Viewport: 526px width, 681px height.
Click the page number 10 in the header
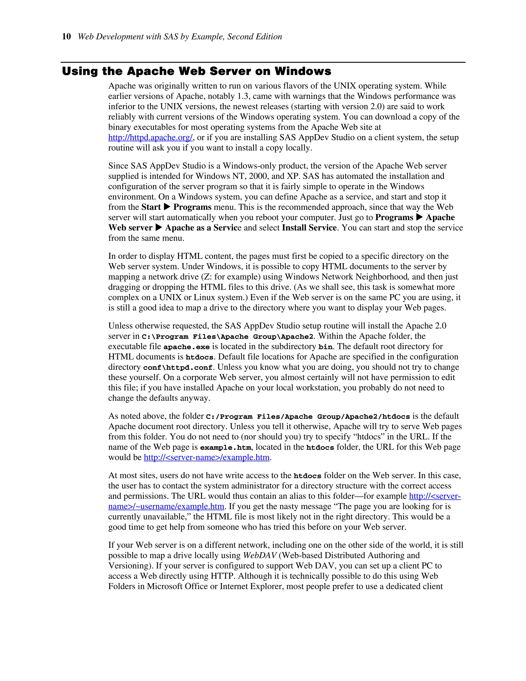pyautogui.click(x=66, y=37)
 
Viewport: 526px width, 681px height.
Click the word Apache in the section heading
pyautogui.click(x=151, y=71)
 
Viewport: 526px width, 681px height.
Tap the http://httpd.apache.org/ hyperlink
pyautogui.click(x=151, y=137)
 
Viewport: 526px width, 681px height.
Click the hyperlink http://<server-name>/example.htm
pyautogui.click(x=206, y=457)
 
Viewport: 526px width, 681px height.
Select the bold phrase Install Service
pyautogui.click(x=309, y=228)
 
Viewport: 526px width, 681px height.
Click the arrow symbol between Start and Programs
pyautogui.click(x=167, y=207)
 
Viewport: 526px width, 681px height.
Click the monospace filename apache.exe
pyautogui.click(x=186, y=347)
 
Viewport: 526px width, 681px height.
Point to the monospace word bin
pyautogui.click(x=325, y=347)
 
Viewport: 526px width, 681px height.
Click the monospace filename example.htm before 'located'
pyautogui.click(x=225, y=447)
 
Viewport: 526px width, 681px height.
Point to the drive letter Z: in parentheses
pyautogui.click(x=208, y=277)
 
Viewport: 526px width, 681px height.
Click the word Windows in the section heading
pyautogui.click(x=303, y=71)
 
